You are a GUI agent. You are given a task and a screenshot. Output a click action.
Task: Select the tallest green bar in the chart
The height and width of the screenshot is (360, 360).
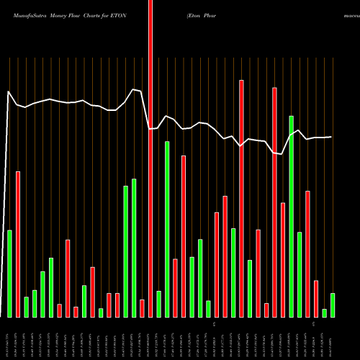291,216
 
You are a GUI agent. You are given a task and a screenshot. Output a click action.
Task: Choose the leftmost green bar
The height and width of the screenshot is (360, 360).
9,274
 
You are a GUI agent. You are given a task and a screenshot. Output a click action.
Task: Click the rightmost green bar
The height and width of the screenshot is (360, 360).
333,305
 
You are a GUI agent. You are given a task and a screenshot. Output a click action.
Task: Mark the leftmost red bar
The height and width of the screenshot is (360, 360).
18,244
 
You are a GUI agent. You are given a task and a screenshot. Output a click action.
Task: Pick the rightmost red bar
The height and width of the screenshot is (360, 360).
316,299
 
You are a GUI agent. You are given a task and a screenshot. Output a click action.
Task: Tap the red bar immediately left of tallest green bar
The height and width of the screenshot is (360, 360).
283,260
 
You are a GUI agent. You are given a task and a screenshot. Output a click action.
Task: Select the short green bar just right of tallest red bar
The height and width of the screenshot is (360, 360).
158,304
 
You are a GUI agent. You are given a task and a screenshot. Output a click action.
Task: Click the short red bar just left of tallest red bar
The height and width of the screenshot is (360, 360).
142,308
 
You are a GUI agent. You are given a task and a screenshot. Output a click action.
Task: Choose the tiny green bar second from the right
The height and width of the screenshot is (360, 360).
324,313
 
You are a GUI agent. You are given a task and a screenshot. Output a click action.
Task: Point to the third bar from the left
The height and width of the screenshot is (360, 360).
26,307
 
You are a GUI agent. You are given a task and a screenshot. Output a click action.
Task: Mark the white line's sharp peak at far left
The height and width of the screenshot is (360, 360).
9,92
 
